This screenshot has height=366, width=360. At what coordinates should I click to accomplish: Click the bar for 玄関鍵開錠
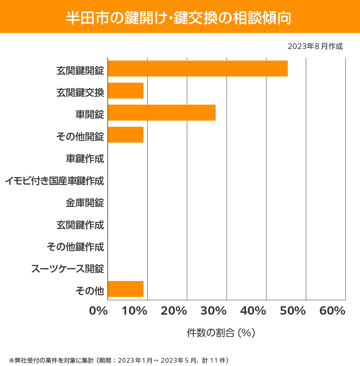coord(197,68)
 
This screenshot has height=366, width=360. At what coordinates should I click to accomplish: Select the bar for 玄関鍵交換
coord(125,90)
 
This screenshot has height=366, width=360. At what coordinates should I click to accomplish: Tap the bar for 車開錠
coord(161,113)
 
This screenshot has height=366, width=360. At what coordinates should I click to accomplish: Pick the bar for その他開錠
coord(125,135)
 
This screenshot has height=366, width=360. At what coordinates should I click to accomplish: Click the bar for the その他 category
coord(125,289)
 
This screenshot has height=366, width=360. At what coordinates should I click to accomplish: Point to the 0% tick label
coord(98,311)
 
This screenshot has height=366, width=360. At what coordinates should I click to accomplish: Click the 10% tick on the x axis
coord(134,311)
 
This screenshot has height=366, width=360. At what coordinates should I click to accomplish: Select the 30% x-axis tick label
coord(213,311)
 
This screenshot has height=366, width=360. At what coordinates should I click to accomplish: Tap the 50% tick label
coord(292,311)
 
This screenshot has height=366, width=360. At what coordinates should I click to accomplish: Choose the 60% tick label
coord(332,311)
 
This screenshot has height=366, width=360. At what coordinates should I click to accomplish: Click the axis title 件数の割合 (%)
coord(221,333)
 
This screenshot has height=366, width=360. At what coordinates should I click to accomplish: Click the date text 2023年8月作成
coord(315,47)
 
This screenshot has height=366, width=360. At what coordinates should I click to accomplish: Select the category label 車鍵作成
coord(85,159)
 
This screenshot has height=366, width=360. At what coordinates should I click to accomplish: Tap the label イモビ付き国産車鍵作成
coord(54,181)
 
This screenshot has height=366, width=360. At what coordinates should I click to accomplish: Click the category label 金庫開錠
coord(85,203)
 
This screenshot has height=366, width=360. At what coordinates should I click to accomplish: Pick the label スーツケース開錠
coord(67,269)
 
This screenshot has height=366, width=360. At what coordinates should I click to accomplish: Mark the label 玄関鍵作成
coord(80,225)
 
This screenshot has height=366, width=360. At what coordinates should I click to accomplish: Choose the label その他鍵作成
coord(75,247)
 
